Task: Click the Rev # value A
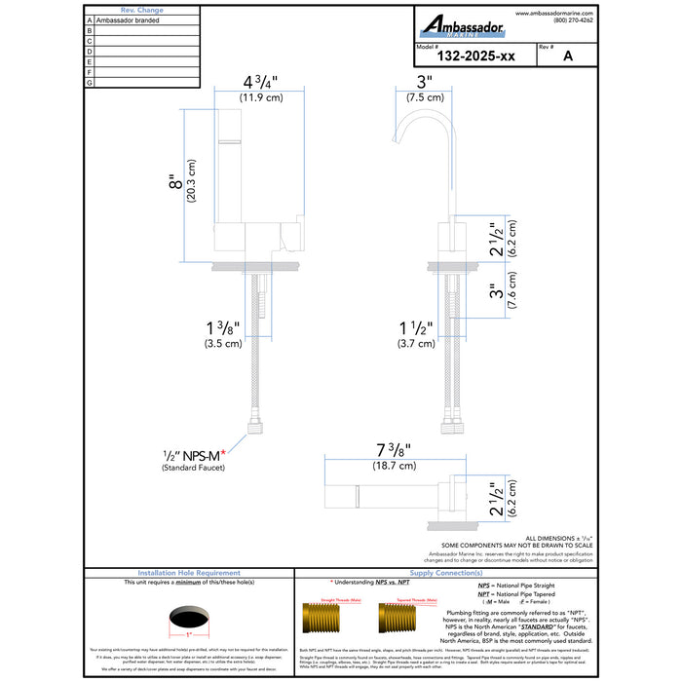pos(566,57)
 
